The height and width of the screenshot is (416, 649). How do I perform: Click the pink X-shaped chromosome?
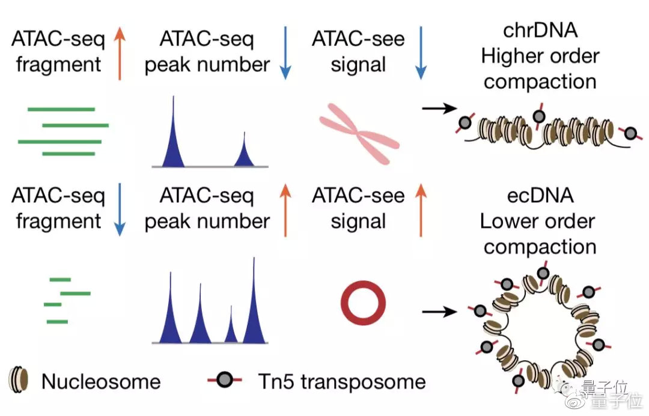(x=359, y=133)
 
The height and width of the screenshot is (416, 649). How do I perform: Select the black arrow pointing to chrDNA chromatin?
(x=439, y=108)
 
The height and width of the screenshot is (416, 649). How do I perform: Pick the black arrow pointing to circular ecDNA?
(x=439, y=311)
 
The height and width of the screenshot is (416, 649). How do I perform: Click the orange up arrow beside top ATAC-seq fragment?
(x=120, y=53)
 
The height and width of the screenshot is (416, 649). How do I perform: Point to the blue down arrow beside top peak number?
(x=285, y=53)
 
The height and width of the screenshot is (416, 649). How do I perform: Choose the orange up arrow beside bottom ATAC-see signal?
(x=421, y=210)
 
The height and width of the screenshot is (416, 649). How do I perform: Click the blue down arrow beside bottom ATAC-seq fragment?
(x=120, y=210)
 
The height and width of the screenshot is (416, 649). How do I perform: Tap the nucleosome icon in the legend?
(x=19, y=379)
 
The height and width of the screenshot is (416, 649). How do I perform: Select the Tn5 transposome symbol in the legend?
(x=225, y=379)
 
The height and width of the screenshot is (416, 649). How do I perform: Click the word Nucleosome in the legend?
(x=101, y=381)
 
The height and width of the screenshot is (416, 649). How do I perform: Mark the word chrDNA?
(x=540, y=30)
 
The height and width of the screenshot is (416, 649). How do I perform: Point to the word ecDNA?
(x=540, y=195)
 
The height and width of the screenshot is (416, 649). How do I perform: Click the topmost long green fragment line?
(x=61, y=109)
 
